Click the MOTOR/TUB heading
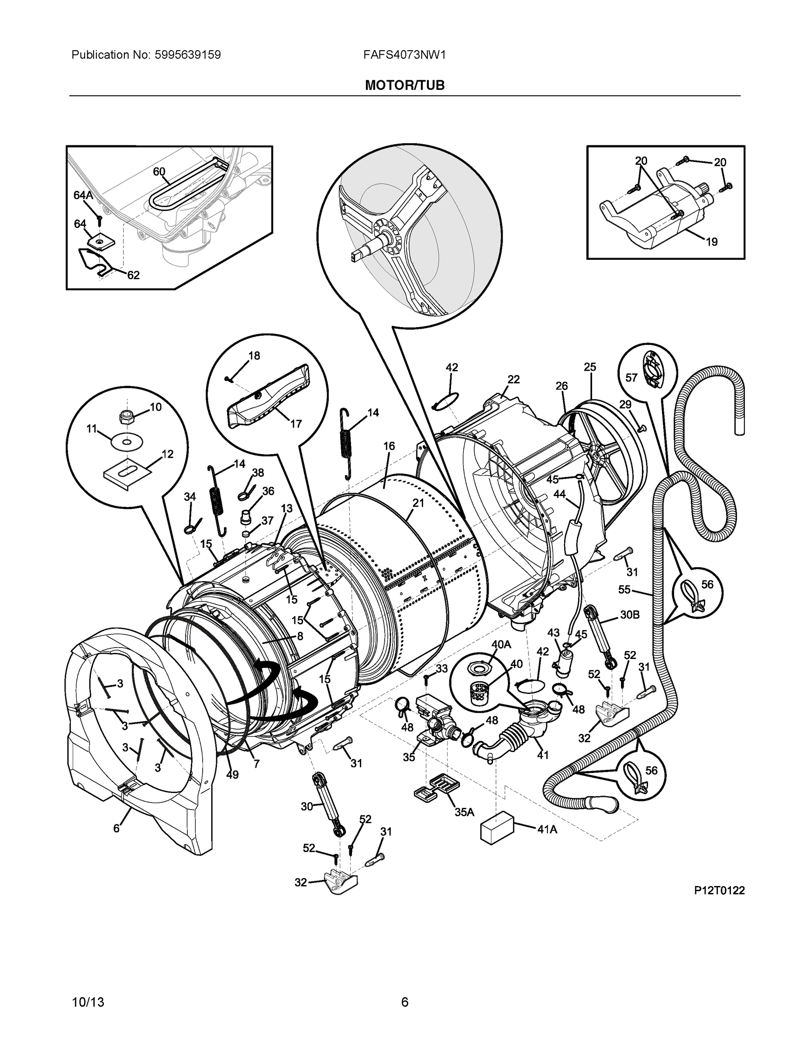(x=404, y=86)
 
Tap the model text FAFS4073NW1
(x=404, y=55)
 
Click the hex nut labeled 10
(x=127, y=417)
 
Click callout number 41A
(x=547, y=829)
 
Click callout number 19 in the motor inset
(x=712, y=242)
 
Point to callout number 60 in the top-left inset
(x=159, y=171)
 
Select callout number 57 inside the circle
(x=631, y=378)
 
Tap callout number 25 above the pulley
(x=590, y=367)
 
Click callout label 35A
(x=464, y=812)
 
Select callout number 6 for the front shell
(x=116, y=829)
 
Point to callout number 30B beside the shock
(x=630, y=615)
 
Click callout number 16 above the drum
(x=389, y=446)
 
